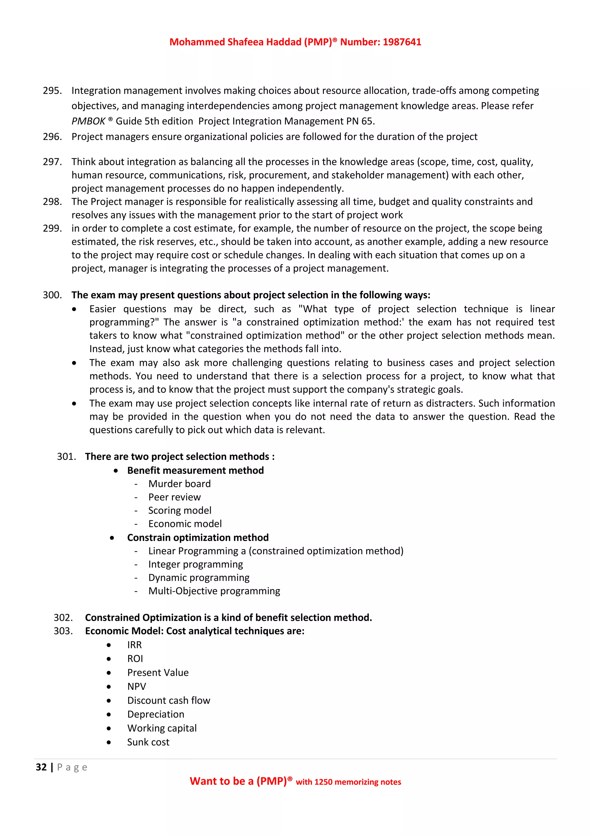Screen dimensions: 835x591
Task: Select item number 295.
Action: click(x=52, y=91)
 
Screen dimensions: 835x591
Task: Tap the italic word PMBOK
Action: click(x=88, y=121)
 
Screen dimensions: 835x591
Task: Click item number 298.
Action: click(x=52, y=202)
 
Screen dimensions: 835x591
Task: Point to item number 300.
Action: click(x=52, y=295)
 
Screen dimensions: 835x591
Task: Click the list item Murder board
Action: click(x=179, y=484)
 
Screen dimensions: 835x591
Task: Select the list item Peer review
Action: click(x=174, y=497)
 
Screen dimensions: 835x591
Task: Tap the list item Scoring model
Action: click(x=180, y=511)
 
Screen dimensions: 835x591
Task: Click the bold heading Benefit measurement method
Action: click(x=195, y=470)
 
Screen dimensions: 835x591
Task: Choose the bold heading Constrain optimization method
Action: click(x=198, y=537)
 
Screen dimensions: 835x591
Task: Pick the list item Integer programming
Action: click(x=195, y=565)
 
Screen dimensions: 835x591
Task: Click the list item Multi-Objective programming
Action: click(x=214, y=591)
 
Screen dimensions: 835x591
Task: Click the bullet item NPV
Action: click(x=136, y=687)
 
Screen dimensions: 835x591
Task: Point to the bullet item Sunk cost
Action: click(x=148, y=742)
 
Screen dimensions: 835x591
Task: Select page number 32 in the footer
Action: click(x=41, y=767)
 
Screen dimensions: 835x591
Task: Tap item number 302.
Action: click(x=63, y=618)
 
